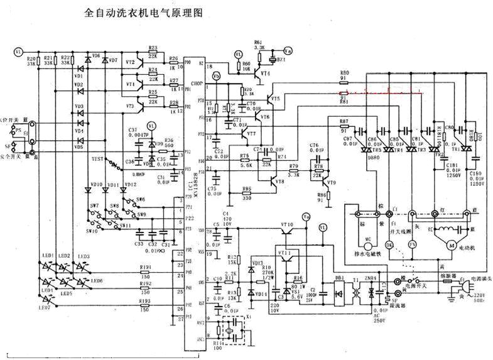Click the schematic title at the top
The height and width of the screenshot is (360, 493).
(144, 12)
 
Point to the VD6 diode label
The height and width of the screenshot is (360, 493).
(96, 57)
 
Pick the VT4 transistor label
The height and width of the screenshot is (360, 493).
(266, 74)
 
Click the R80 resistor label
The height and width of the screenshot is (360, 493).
(344, 74)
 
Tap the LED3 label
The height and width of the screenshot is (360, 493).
(84, 256)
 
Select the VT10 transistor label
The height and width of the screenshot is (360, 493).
(286, 224)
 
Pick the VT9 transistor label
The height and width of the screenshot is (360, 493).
(331, 182)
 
